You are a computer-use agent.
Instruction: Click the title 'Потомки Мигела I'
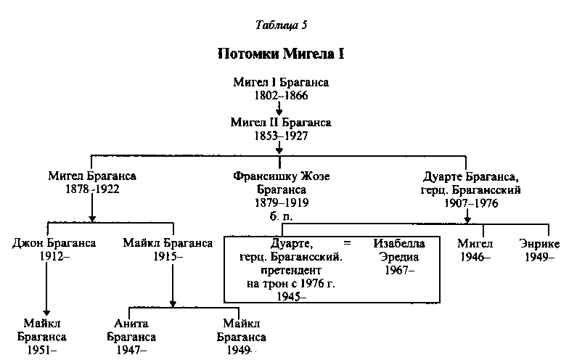[281, 54]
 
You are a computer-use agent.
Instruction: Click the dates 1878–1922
[92, 189]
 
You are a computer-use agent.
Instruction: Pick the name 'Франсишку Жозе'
[279, 176]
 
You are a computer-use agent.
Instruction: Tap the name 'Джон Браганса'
[54, 243]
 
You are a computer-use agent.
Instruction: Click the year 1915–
[168, 255]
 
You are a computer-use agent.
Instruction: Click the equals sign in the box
[347, 244]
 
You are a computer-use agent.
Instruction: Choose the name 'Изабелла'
[396, 244]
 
